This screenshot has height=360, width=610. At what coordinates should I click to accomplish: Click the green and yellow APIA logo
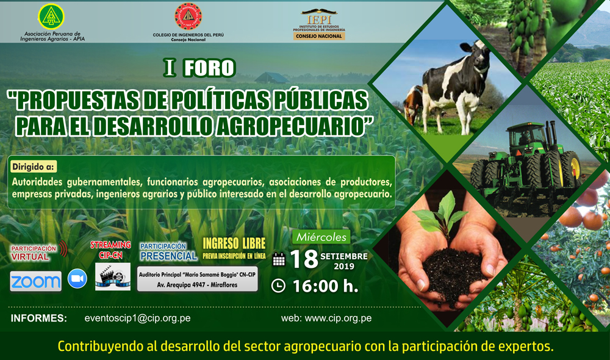[x=51, y=16]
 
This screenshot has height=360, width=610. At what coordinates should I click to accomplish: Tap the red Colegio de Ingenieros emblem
[x=188, y=16]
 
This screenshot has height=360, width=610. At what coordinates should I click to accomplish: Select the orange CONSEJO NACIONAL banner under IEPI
[x=319, y=36]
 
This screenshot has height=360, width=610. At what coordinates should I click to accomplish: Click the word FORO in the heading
[x=209, y=68]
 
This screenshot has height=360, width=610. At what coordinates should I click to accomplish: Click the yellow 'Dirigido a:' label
[x=33, y=167]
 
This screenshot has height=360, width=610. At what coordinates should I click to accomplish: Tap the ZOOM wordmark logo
[x=36, y=281]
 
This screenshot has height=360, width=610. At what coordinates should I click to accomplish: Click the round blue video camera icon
[x=77, y=279]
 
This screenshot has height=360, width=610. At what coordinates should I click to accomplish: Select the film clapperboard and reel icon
[x=113, y=276]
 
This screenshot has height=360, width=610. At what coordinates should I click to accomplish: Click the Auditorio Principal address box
[x=197, y=279]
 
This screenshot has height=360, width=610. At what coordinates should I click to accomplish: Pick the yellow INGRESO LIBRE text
[x=234, y=244]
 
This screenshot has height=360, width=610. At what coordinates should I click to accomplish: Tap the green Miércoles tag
[x=321, y=237]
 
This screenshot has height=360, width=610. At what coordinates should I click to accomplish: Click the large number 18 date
[x=304, y=259]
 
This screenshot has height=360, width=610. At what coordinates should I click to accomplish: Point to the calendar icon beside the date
[x=279, y=259]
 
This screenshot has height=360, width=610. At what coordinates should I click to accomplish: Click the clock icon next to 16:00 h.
[x=278, y=286]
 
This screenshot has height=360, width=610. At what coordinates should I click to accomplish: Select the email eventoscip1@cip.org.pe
[x=137, y=318]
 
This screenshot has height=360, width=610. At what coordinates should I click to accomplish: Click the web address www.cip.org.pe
[x=338, y=318]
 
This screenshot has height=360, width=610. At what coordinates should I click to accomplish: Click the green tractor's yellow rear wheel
[x=571, y=170]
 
